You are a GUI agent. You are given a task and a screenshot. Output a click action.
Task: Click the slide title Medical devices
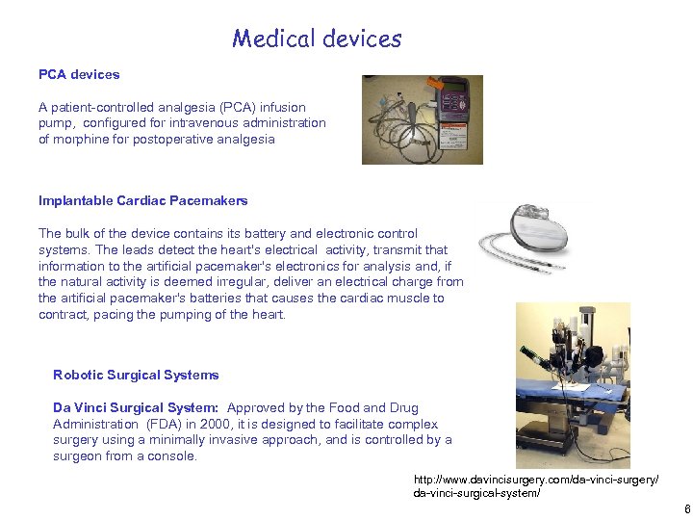click(317, 39)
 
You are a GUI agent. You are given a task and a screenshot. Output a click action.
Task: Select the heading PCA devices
click(79, 74)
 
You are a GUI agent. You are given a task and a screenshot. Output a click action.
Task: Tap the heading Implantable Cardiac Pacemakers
click(142, 200)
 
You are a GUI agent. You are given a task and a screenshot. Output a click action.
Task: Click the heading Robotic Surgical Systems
click(136, 375)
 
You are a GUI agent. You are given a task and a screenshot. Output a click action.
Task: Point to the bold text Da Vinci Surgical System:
click(136, 407)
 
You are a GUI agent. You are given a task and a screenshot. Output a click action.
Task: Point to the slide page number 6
click(685, 509)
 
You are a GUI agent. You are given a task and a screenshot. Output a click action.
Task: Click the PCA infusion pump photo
click(422, 119)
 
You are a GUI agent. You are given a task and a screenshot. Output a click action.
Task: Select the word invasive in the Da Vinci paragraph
click(252, 440)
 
